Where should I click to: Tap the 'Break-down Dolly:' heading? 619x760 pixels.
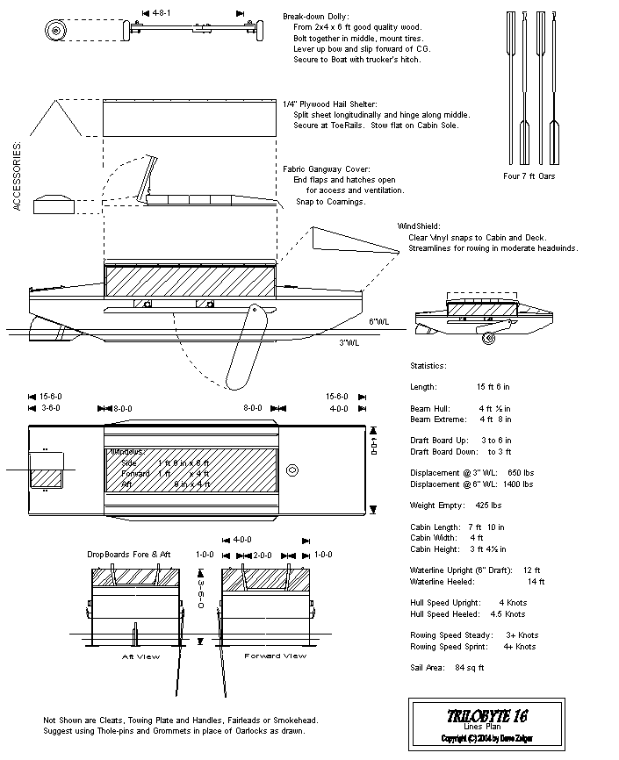(x=315, y=16)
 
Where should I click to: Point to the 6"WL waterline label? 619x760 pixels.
(x=377, y=321)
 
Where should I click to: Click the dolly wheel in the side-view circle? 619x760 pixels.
(x=56, y=32)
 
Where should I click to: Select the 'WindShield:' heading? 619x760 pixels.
(x=418, y=226)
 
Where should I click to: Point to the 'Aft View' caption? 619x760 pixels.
(x=139, y=656)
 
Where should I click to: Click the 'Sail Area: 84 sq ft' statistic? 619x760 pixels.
(x=447, y=668)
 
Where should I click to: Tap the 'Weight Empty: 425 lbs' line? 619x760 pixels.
(x=456, y=505)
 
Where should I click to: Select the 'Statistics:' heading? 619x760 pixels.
(x=428, y=365)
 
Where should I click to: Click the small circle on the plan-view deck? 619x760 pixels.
(x=292, y=469)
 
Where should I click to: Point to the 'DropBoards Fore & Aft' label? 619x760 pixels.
(x=131, y=555)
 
